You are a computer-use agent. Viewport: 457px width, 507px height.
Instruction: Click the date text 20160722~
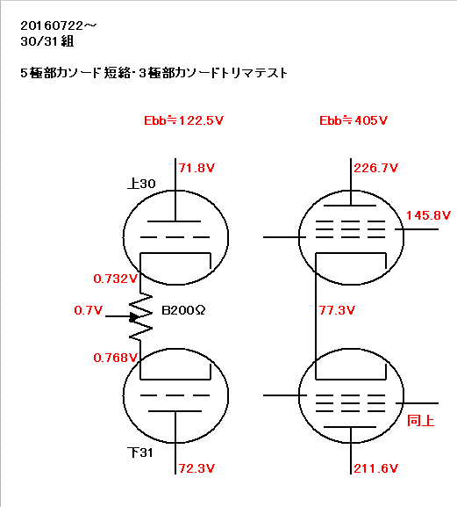point(59,25)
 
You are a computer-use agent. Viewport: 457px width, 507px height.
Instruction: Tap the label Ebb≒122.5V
point(183,120)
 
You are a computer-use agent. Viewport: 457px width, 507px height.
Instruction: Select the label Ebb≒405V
point(353,120)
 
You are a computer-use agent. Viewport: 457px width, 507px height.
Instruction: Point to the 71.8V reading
point(196,168)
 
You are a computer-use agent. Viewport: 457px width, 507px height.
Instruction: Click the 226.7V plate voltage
point(376,168)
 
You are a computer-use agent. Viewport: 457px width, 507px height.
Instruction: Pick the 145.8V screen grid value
point(428,215)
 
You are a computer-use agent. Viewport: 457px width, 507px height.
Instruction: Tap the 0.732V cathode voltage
point(116,279)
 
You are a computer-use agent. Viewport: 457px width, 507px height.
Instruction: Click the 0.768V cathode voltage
point(116,358)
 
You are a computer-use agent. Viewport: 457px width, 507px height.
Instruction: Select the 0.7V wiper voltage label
point(88,310)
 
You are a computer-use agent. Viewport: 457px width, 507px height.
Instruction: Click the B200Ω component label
point(183,310)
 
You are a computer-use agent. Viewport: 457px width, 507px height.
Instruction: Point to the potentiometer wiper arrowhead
point(133,317)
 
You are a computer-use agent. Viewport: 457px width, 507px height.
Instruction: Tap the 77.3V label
point(337,310)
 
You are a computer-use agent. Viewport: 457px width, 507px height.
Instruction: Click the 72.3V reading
point(196,468)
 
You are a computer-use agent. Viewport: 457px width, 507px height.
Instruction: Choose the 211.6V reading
point(376,468)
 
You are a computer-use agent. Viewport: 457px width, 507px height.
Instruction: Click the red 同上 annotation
point(420,421)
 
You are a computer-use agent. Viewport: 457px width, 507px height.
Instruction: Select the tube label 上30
point(142,184)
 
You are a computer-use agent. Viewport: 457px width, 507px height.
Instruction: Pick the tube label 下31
point(140,453)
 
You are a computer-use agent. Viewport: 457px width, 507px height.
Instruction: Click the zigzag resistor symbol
point(140,317)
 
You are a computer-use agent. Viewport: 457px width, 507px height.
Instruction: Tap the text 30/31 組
point(47,41)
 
